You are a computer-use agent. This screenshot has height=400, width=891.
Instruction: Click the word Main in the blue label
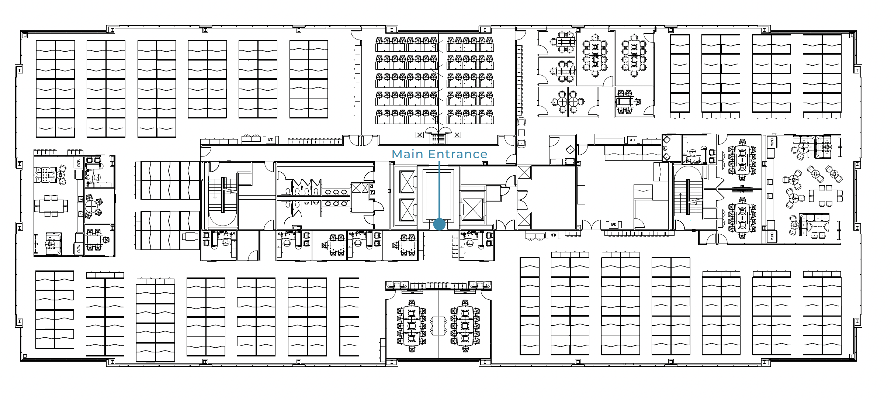tap(407, 154)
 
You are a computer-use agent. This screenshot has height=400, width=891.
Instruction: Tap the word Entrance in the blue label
tap(458, 154)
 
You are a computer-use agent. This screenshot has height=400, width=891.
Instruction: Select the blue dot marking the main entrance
tap(439, 224)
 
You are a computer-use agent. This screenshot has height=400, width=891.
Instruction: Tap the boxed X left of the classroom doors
tap(420, 135)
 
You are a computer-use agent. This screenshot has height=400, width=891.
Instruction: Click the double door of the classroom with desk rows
tap(438, 131)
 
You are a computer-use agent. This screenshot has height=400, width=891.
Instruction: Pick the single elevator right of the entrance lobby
tap(472, 209)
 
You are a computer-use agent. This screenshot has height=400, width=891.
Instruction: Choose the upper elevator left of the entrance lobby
tap(407, 182)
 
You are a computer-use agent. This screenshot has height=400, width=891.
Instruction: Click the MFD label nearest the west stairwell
tap(271, 140)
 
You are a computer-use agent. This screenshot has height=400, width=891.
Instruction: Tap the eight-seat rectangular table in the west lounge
tap(51, 206)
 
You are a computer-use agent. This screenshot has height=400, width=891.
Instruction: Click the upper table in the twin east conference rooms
tap(742, 161)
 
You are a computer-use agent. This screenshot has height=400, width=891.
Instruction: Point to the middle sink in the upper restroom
tap(336, 192)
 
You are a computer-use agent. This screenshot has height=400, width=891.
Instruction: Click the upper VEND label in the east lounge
tap(772, 142)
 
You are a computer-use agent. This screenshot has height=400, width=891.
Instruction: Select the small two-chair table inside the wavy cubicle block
tap(190, 237)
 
